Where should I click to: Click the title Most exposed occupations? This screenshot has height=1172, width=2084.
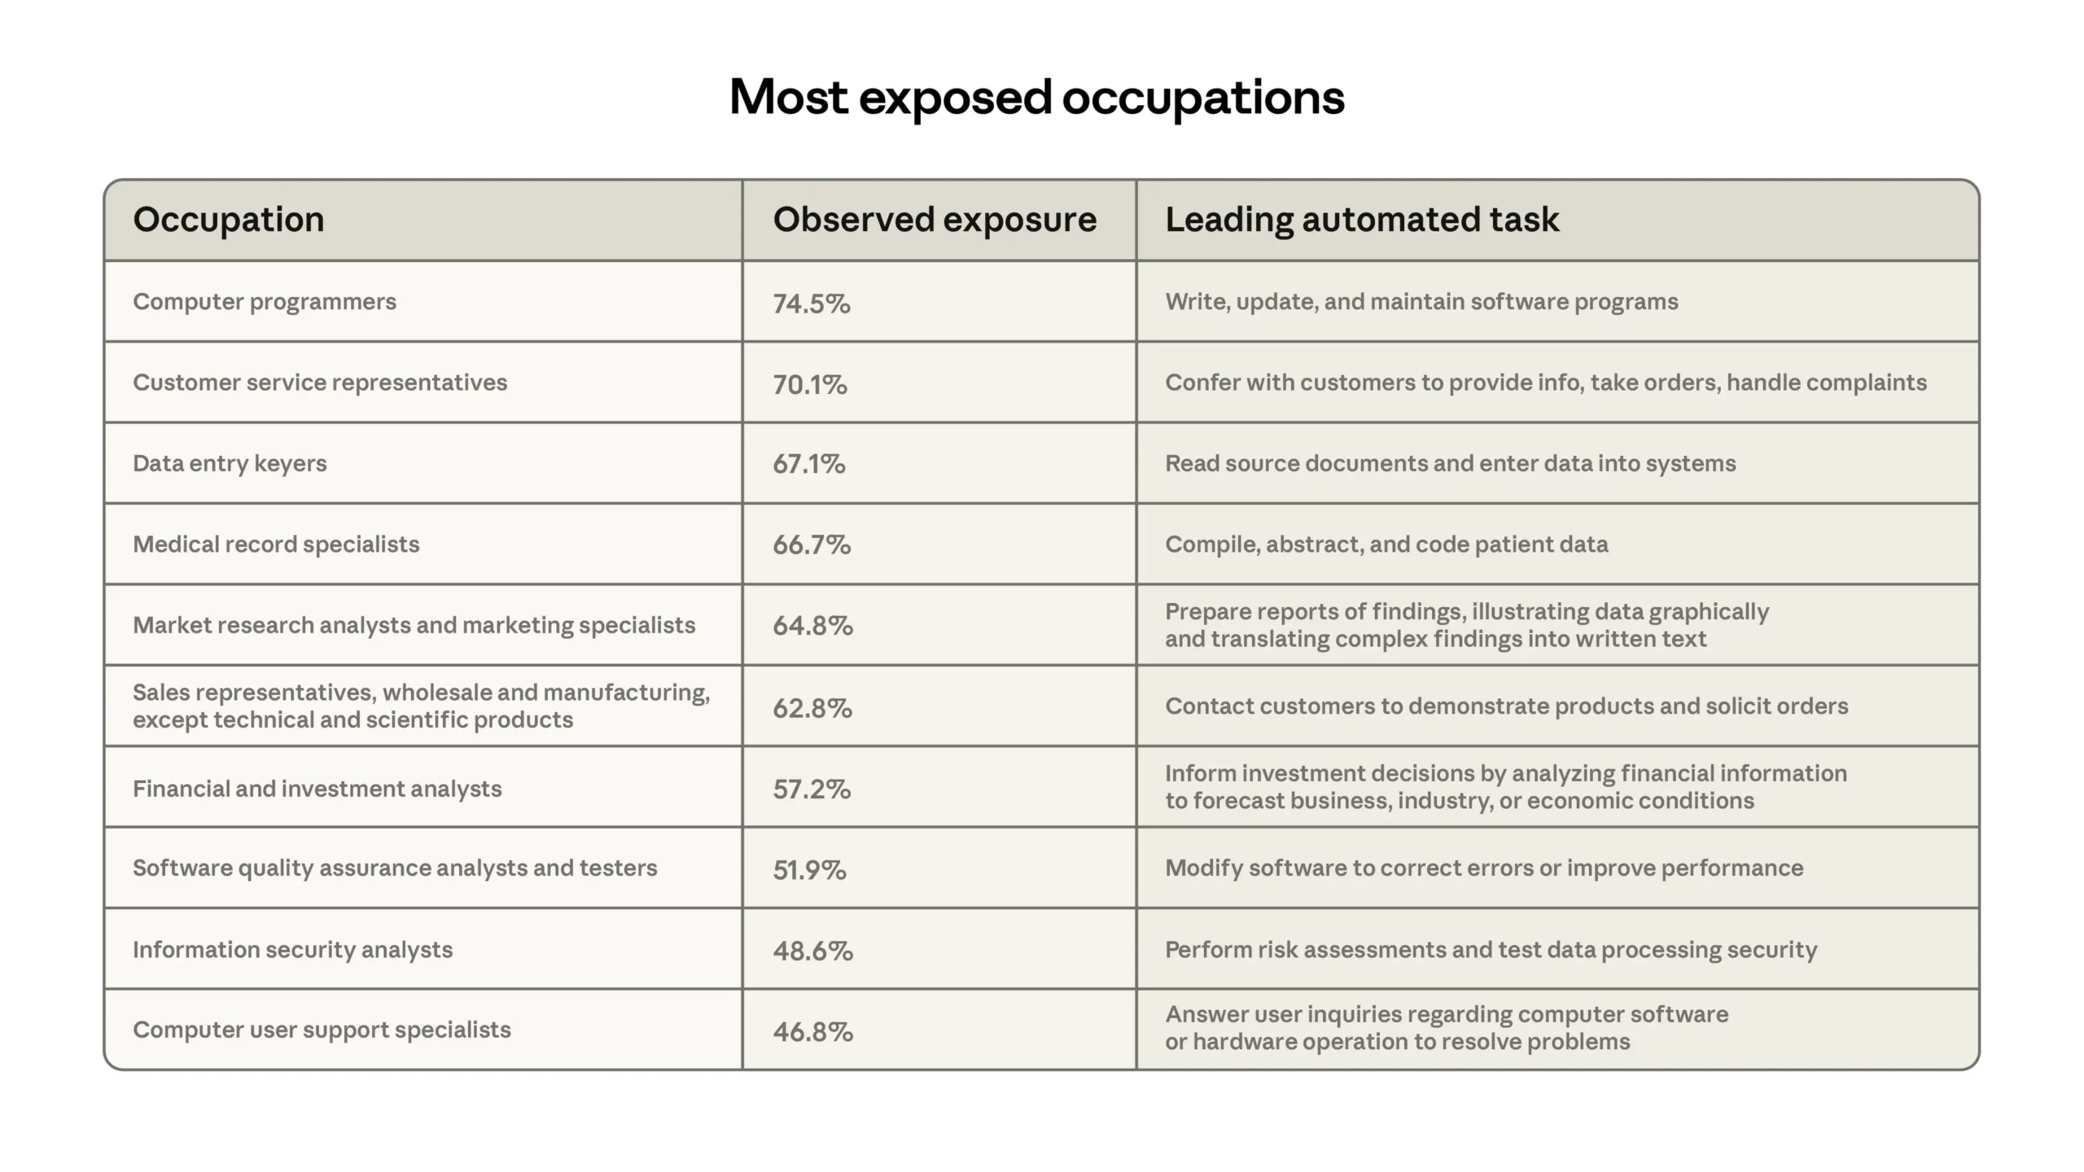pos(1036,98)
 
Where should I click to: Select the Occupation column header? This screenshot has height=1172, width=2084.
pos(229,220)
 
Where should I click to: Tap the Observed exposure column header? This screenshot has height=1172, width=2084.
pos(935,220)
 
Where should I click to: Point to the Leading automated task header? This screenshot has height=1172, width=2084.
pos(1362,220)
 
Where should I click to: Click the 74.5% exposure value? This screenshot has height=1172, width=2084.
pos(812,304)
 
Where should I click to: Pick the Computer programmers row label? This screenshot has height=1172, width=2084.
pos(265,302)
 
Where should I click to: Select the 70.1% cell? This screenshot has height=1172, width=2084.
pos(810,384)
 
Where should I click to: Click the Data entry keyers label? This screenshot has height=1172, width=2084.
pos(230,464)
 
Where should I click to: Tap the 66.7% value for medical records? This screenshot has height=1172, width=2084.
pos(812,544)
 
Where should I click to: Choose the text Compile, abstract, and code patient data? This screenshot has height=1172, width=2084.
pos(1386,544)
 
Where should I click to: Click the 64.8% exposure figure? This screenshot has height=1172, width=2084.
pos(812,625)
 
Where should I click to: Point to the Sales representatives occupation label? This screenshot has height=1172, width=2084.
pos(421,706)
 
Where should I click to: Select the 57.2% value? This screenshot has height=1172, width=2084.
pos(812,789)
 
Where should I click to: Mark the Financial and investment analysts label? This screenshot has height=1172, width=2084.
pos(317,789)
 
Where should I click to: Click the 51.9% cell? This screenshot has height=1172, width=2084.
pos(809,870)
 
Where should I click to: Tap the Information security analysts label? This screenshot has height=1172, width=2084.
pos(292,950)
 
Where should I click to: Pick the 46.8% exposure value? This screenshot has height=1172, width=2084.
pos(812,1031)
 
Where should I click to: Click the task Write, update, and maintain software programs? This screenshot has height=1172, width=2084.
pos(1421,302)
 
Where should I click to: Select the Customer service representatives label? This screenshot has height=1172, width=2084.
pos(320,383)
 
